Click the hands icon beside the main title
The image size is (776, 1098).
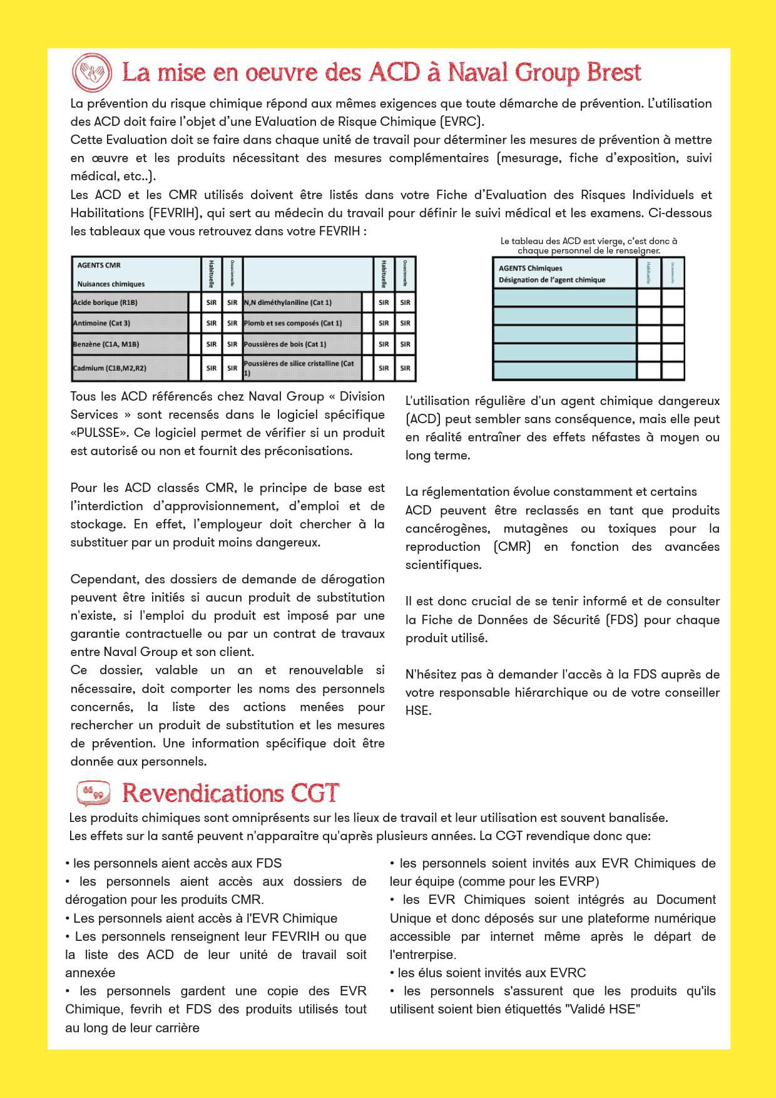click(x=92, y=72)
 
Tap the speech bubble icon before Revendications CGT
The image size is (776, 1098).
click(x=93, y=793)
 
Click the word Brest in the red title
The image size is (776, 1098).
click(x=613, y=73)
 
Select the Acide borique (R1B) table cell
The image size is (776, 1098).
click(x=130, y=302)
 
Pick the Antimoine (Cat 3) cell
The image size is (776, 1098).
click(x=130, y=323)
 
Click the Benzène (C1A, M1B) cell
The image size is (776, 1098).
click(x=130, y=344)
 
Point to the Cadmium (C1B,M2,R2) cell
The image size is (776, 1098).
click(x=130, y=368)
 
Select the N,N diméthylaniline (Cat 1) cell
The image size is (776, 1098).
click(x=302, y=302)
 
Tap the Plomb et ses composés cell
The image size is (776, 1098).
click(x=302, y=323)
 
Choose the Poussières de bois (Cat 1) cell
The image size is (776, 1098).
click(x=302, y=344)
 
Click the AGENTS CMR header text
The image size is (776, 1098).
click(x=99, y=265)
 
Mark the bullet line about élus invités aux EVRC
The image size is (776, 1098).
click(x=488, y=973)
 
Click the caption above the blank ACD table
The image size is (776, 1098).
click(x=588, y=245)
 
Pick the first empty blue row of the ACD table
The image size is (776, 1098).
click(x=564, y=297)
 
